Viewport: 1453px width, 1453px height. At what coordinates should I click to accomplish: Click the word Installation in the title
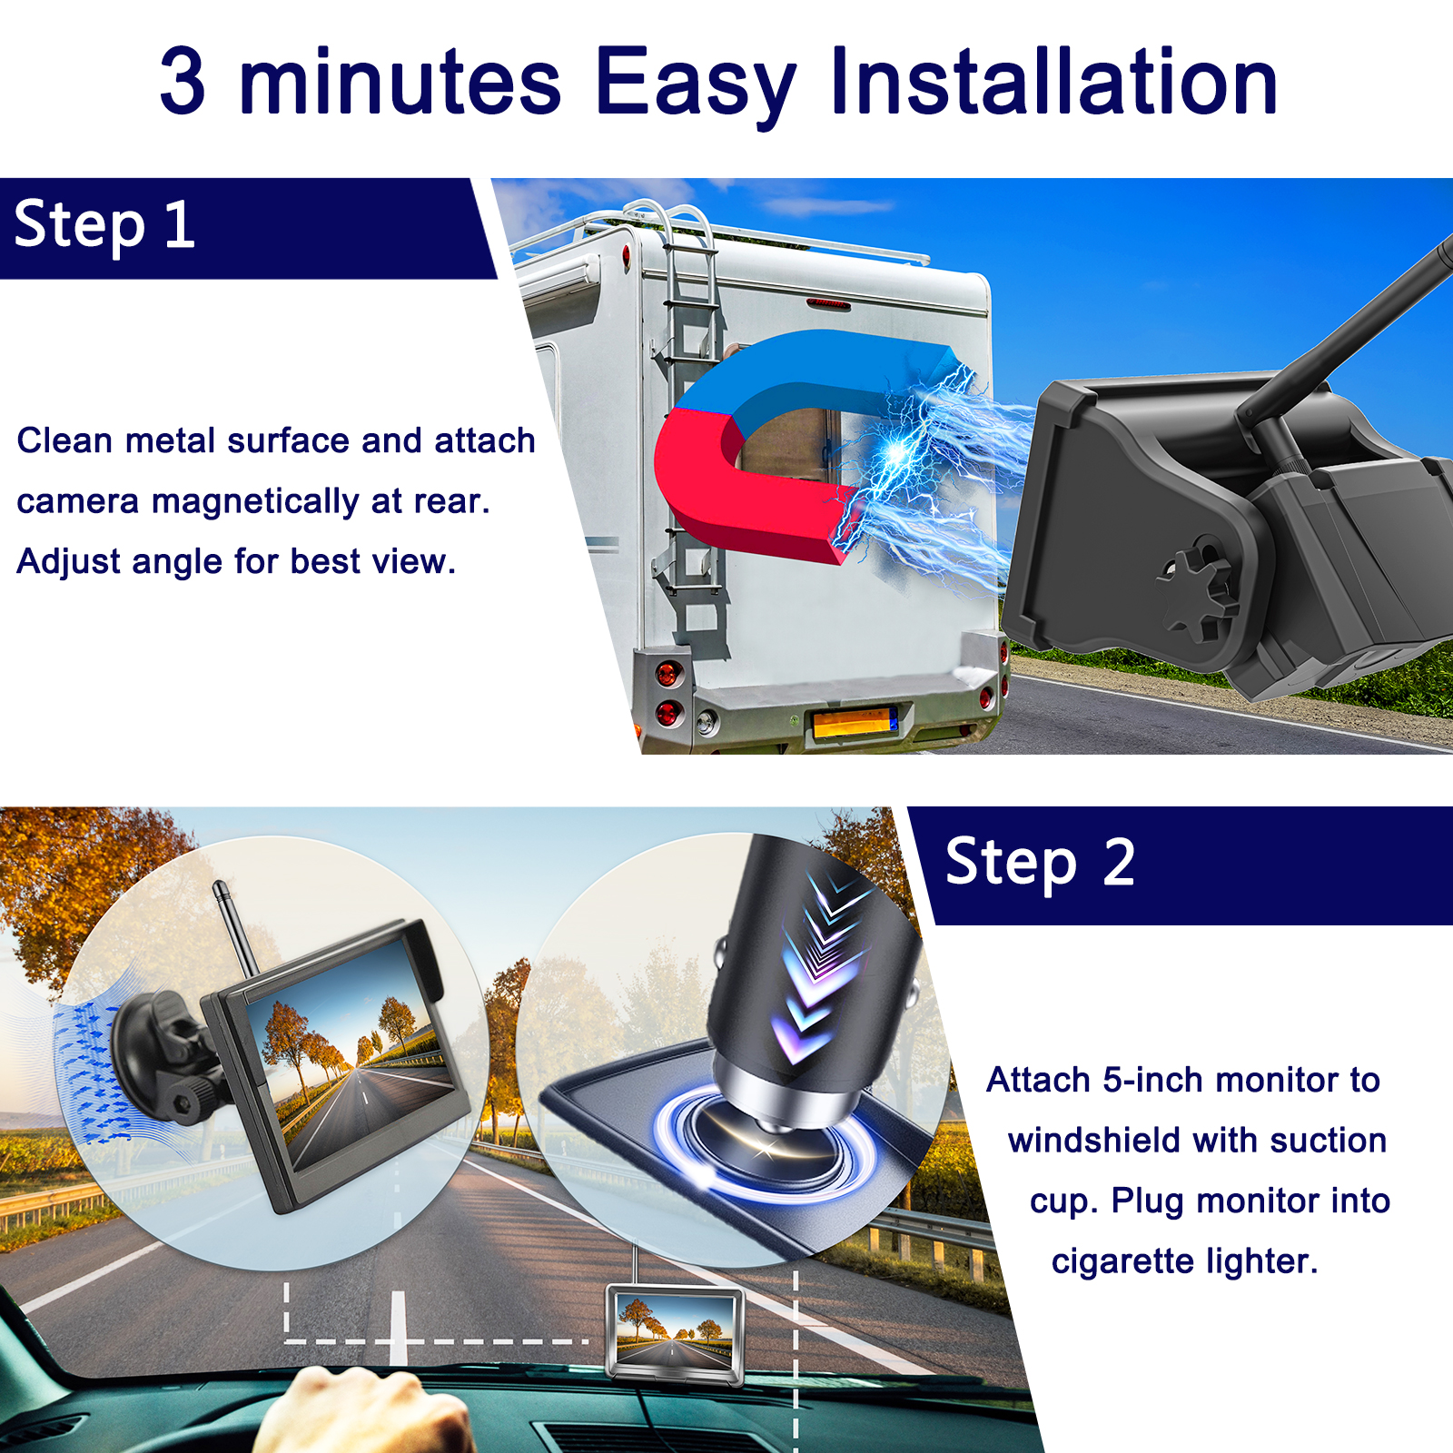coord(1053,82)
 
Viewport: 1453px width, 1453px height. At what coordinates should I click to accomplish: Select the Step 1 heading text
coord(104,226)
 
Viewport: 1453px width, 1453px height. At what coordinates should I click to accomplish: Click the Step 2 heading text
coord(1040,863)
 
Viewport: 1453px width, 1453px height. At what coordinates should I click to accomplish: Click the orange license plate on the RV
coord(854,723)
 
